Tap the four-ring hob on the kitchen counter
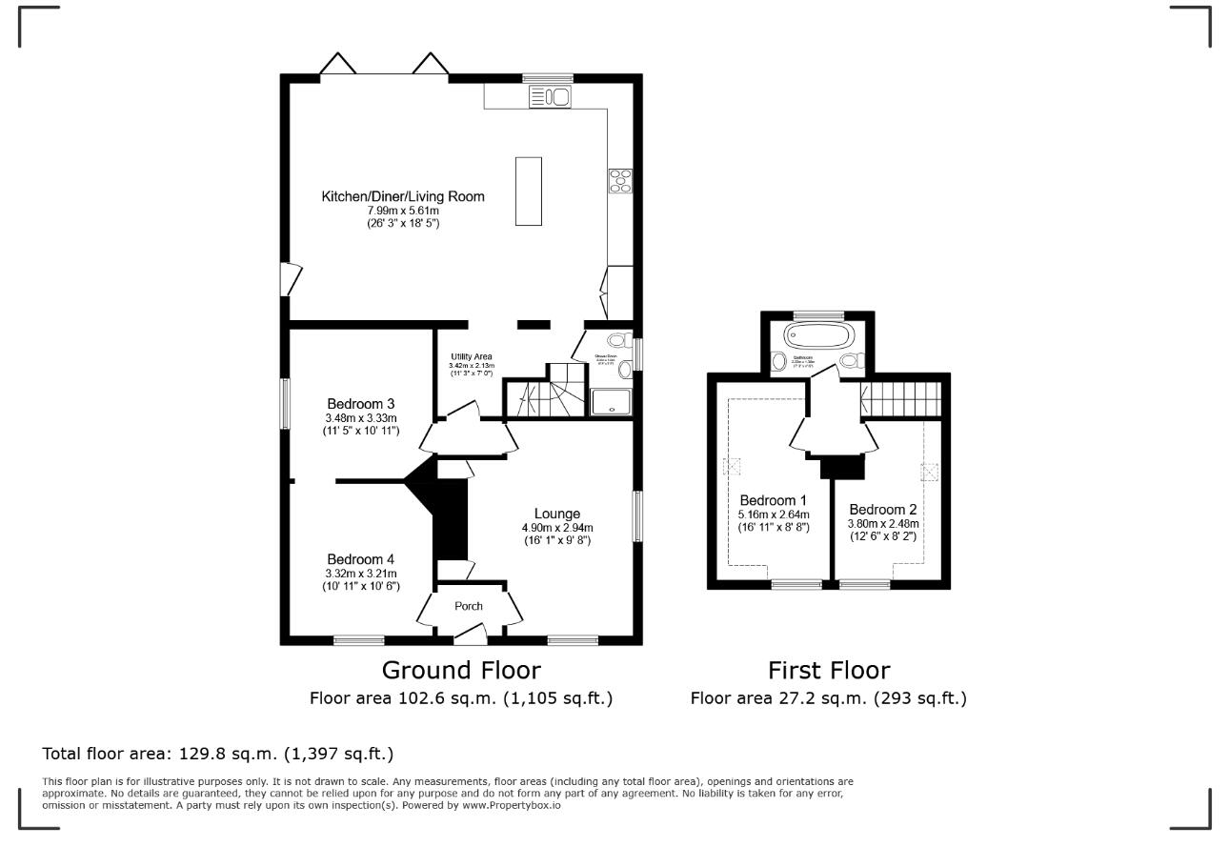click(620, 180)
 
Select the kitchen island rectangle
click(529, 191)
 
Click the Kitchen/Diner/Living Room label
click(402, 197)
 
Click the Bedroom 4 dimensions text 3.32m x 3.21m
click(361, 574)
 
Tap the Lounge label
click(556, 514)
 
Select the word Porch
click(468, 606)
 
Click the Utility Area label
click(472, 357)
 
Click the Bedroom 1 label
click(773, 501)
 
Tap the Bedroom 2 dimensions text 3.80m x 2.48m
click(881, 523)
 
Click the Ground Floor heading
click(461, 670)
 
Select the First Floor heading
click(829, 670)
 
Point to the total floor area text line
click(218, 754)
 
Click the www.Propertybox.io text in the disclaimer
click(512, 805)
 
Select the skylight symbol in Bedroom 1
click(733, 466)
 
